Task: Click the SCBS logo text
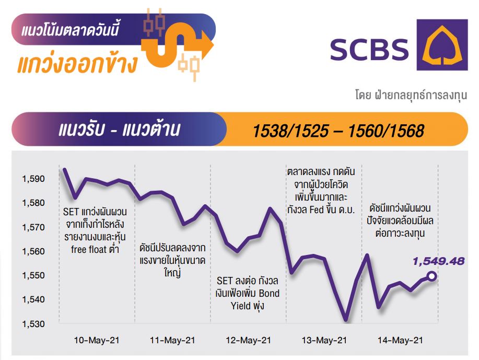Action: pos(369,50)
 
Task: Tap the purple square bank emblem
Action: pos(442,45)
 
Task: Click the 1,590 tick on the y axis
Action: pos(33,179)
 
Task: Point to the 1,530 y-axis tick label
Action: pos(33,324)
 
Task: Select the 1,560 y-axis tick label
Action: pos(33,251)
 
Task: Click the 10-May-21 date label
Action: pos(97,341)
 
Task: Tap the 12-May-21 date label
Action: pos(248,341)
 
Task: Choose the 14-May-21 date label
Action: pos(400,341)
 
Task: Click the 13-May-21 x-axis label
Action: pos(324,341)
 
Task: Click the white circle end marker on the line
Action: pos(431,276)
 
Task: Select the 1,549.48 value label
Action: pos(438,261)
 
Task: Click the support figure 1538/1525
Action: pos(291,131)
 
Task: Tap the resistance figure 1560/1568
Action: pos(386,131)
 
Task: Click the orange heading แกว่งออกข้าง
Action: pos(78,64)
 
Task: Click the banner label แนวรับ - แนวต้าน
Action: pos(120,130)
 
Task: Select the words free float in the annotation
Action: pos(89,250)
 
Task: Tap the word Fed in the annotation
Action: pos(317,210)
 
